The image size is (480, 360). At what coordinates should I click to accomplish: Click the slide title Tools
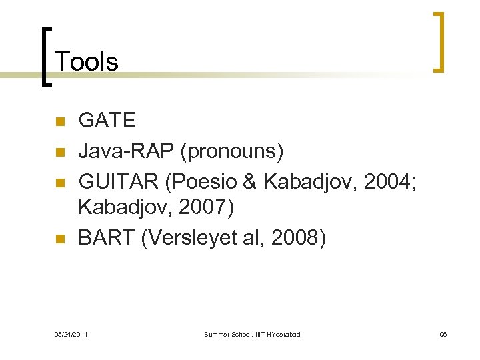(x=87, y=62)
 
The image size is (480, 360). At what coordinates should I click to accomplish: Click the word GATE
(x=107, y=121)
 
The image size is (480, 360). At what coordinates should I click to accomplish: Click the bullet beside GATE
(x=59, y=122)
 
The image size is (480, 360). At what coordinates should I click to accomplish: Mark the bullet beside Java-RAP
(x=59, y=153)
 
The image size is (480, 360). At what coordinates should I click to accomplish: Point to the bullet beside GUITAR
(x=59, y=181)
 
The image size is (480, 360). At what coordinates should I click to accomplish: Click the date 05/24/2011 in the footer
(x=70, y=333)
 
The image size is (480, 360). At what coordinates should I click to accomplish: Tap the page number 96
(x=443, y=333)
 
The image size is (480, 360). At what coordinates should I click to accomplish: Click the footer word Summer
(x=215, y=333)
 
